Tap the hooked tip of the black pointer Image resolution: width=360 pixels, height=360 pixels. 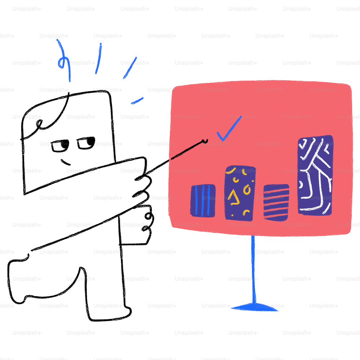pos(206,141)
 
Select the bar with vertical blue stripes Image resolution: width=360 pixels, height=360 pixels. pos(203,201)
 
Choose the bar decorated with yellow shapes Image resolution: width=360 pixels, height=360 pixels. pos(239,193)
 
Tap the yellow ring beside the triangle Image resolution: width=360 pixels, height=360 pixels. pos(247,189)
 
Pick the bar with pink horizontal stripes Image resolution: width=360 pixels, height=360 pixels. pos(276,202)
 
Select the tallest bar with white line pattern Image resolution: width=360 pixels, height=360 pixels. pos(315,175)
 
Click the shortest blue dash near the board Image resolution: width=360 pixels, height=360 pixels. pos(137,101)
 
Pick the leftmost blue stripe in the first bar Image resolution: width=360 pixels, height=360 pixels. pos(196,201)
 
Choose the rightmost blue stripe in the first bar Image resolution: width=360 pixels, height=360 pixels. pos(209,201)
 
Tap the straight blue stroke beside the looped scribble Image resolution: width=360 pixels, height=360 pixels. pos(98,59)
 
